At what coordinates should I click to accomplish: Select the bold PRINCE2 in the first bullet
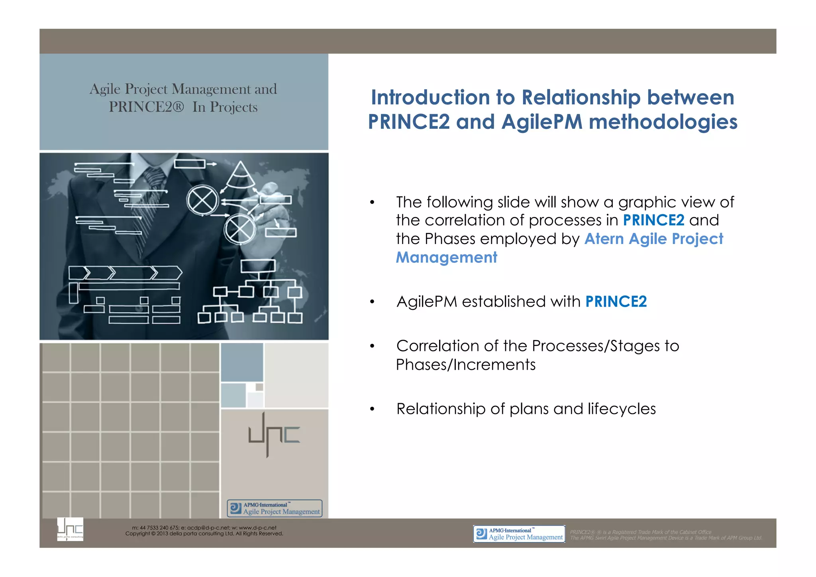[653, 220]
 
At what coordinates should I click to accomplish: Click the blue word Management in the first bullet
[446, 258]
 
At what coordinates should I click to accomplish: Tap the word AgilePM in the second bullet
[427, 302]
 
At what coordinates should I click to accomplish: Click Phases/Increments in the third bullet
[465, 364]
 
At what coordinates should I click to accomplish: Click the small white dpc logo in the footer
[70, 529]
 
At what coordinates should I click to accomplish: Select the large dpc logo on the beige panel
[274, 435]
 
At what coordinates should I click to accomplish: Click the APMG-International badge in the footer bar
[519, 534]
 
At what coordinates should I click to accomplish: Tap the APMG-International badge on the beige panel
[275, 508]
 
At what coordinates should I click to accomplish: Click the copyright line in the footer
[204, 534]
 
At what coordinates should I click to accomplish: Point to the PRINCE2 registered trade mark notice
[640, 532]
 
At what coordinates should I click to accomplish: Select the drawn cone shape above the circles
[240, 175]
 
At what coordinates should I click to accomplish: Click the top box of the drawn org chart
[258, 266]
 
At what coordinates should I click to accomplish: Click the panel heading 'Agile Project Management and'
[183, 89]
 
